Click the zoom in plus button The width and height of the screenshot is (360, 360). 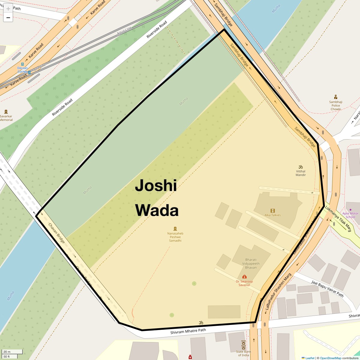click(x=8, y=9)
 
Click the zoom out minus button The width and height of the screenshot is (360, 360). click(x=8, y=18)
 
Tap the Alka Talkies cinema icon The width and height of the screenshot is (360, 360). click(x=272, y=211)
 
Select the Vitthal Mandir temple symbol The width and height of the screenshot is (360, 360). click(x=300, y=167)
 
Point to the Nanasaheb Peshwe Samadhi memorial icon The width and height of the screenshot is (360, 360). click(x=175, y=229)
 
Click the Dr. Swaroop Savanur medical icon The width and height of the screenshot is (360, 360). click(x=244, y=277)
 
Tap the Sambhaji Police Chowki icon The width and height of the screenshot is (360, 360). click(x=335, y=97)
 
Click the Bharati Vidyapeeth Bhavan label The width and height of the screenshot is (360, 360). click(x=251, y=263)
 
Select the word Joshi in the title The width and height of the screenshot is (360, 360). click(x=156, y=186)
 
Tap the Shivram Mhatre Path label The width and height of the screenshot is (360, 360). click(x=188, y=331)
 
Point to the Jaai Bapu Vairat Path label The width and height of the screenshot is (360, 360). click(x=327, y=289)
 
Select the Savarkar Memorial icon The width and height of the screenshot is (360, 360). click(x=6, y=112)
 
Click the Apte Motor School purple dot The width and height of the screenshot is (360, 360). click(x=350, y=209)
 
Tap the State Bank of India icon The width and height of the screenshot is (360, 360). click(x=244, y=343)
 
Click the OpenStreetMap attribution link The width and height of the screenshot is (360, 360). click(x=330, y=358)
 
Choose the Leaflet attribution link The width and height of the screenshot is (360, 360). click(x=310, y=358)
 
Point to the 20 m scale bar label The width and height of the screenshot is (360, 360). click(x=7, y=352)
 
